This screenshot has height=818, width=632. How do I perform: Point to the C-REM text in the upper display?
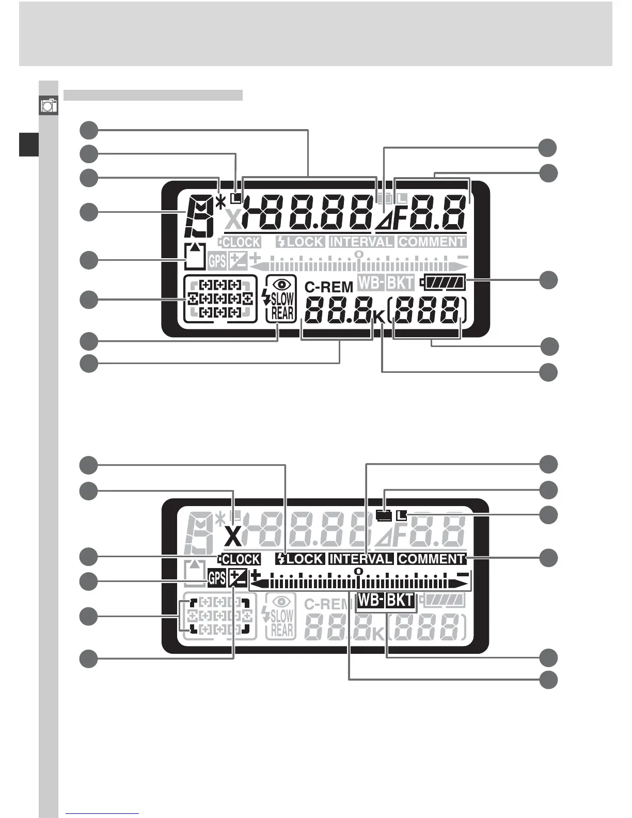point(329,287)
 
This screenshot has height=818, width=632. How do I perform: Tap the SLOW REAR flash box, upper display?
point(281,299)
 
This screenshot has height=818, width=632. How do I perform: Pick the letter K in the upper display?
point(378,319)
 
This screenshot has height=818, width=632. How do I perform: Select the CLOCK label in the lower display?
point(240,559)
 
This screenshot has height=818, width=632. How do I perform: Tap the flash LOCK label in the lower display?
point(300,559)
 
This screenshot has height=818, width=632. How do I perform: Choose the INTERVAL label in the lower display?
point(361,559)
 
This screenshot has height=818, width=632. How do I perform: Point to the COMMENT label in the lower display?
point(432,559)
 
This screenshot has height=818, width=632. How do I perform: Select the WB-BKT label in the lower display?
point(386,600)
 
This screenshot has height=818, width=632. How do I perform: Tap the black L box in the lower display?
point(402,515)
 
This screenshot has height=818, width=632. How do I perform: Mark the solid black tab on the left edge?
point(29,144)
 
